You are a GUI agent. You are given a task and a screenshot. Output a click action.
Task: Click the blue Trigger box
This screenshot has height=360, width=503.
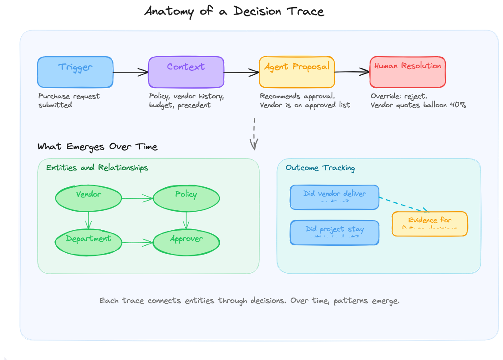[x=75, y=72]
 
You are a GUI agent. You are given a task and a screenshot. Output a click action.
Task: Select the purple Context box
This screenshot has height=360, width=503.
[x=186, y=72]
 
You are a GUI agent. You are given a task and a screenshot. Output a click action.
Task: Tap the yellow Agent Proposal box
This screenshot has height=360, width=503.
[x=297, y=72]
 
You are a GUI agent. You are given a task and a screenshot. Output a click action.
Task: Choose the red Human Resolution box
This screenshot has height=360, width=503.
[x=408, y=72]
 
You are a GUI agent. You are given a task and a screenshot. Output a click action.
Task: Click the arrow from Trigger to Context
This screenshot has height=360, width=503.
[x=130, y=72]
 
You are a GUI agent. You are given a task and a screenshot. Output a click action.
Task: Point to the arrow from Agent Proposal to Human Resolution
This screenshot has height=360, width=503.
[x=352, y=71]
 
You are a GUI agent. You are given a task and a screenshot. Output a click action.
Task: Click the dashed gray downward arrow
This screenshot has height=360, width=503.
[x=254, y=133]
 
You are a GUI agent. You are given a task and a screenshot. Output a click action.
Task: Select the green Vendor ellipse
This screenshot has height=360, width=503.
[x=89, y=198]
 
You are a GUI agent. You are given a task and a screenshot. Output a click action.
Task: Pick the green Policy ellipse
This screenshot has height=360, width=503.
[x=186, y=198]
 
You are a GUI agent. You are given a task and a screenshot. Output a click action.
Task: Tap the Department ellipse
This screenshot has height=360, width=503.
[x=89, y=242]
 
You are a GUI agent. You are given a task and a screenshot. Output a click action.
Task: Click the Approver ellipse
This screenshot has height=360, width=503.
[x=186, y=242]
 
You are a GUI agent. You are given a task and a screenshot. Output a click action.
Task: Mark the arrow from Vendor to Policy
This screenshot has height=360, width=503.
[x=137, y=199]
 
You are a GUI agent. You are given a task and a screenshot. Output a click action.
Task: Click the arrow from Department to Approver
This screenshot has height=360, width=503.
[x=137, y=242]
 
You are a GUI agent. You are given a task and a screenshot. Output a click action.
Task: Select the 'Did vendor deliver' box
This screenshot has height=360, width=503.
[x=335, y=197]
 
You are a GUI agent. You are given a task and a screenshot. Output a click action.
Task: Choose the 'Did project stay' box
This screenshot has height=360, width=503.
[x=335, y=232]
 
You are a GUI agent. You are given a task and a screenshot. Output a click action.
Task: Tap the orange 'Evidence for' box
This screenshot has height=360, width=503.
[x=429, y=224]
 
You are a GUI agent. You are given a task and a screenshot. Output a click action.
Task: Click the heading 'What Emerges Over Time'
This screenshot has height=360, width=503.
[x=97, y=147]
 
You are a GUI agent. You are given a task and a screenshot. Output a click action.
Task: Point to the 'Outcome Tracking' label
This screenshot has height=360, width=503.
[x=320, y=168]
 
